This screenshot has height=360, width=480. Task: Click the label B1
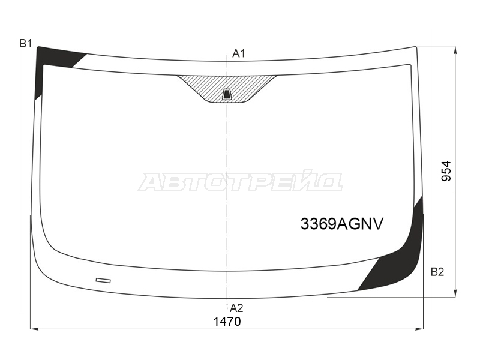click(25, 44)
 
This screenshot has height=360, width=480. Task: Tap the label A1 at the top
click(239, 53)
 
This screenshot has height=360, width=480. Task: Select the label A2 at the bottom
click(236, 308)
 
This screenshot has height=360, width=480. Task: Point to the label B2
click(437, 272)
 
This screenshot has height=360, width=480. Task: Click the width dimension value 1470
click(227, 322)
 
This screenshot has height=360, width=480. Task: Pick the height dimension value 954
click(446, 171)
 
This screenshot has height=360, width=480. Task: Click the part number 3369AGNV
click(341, 224)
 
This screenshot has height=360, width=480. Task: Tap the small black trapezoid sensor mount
click(227, 94)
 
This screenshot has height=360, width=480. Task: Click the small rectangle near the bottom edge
click(103, 280)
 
